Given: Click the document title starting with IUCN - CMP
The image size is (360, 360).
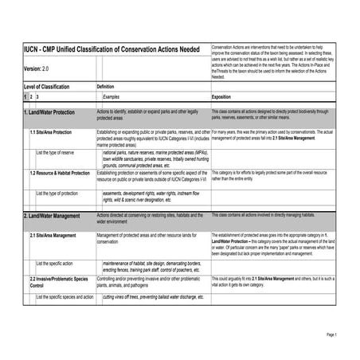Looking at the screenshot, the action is coord(111,50).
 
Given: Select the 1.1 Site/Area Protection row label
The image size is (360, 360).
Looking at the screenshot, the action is coord(51,132).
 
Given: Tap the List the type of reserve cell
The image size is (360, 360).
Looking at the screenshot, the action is coord(56,151).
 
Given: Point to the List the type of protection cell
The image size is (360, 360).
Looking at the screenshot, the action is coord(57,193).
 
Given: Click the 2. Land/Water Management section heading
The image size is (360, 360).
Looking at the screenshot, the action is coord(52,216).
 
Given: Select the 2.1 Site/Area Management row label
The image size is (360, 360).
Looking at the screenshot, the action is coord(53,236).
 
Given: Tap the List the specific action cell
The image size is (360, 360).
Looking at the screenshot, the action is coord(55,262).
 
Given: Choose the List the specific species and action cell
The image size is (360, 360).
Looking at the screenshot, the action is coord(65,297).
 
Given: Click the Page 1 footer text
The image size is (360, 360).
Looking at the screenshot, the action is coord(332,335).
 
